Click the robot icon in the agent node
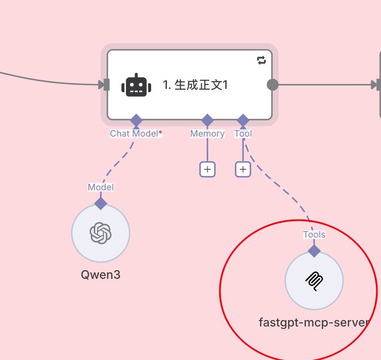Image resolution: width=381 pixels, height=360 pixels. [136, 85]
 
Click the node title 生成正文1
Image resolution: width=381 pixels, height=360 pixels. [195, 85]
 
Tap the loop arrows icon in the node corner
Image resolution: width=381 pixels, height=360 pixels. [261, 61]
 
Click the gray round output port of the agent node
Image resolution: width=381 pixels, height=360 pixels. [272, 85]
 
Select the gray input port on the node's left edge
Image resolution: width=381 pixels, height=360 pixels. [106, 85]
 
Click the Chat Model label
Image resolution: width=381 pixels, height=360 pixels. [134, 134]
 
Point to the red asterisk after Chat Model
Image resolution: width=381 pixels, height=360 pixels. [160, 133]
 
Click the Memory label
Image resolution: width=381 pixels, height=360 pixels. [207, 134]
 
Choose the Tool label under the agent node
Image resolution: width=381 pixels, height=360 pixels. [243, 134]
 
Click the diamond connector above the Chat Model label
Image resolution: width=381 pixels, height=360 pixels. [136, 120]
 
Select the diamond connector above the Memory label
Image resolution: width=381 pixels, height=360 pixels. [207, 120]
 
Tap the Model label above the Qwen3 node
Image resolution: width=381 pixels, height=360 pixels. [100, 187]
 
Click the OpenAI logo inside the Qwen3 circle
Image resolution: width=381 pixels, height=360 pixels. [100, 233]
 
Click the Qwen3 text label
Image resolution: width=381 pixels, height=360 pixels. [100, 275]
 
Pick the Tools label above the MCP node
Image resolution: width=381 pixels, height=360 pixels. [314, 235]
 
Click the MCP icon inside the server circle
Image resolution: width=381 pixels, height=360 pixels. [314, 281]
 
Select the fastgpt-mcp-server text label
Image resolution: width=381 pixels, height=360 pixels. [314, 322]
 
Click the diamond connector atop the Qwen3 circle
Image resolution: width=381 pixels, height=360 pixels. [100, 203]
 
